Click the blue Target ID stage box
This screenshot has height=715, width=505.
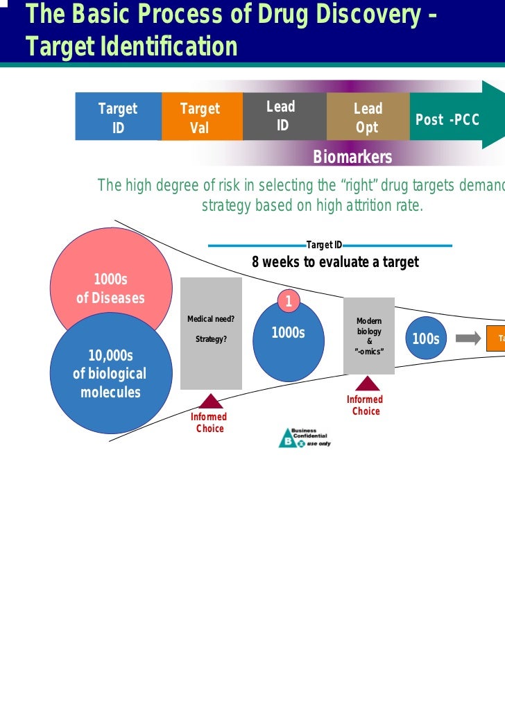click(118, 117)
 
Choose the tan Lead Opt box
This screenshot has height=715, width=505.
click(368, 117)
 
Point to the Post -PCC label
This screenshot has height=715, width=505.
click(447, 119)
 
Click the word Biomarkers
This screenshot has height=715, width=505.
click(352, 157)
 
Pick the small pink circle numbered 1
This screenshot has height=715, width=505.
click(289, 302)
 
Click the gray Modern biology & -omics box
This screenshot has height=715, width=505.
click(369, 336)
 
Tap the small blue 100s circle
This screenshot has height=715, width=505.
click(425, 338)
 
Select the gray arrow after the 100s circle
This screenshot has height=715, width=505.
click(467, 338)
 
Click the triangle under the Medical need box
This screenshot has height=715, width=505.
click(210, 401)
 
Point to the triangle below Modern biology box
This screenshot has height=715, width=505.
click(367, 384)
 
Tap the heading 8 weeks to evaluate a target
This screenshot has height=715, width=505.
click(335, 262)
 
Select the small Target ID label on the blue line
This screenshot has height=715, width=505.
click(324, 245)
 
